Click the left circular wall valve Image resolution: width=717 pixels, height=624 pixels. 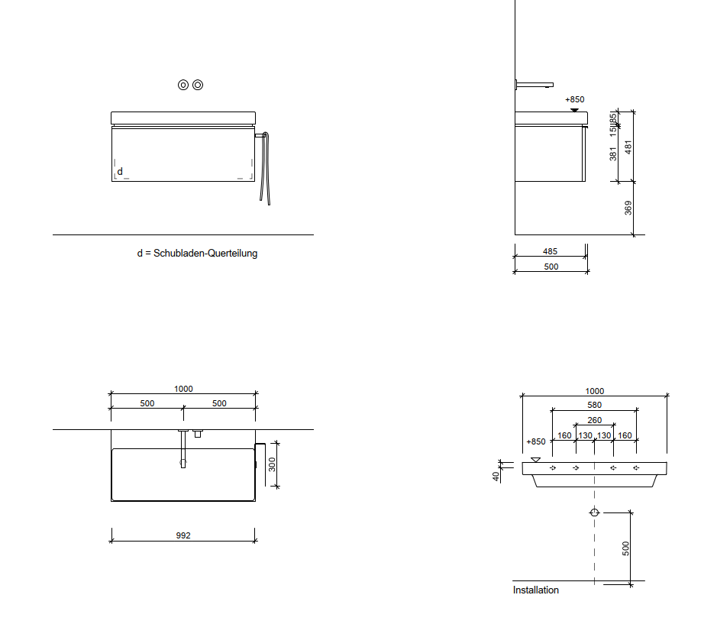click(x=183, y=85)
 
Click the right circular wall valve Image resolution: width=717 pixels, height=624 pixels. click(x=198, y=85)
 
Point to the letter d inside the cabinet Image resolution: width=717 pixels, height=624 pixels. click(x=120, y=172)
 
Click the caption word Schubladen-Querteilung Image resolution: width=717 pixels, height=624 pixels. click(x=205, y=253)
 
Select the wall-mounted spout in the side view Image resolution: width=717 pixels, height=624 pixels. click(x=535, y=85)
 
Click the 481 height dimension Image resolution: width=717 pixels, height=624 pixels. click(x=628, y=147)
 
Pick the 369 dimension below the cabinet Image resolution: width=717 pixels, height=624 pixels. click(x=628, y=208)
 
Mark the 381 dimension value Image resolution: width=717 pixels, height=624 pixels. click(x=612, y=154)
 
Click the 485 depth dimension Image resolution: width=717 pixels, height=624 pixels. click(x=550, y=251)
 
